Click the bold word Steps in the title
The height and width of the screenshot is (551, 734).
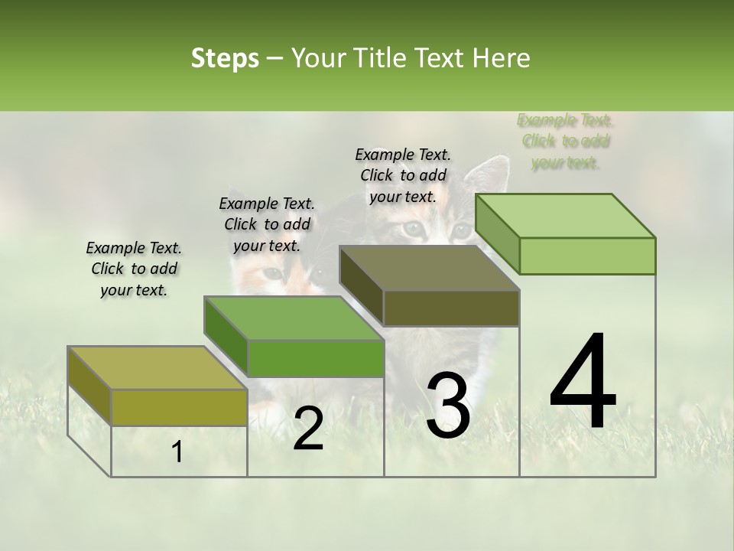[225, 58]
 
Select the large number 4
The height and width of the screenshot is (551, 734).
[583, 383]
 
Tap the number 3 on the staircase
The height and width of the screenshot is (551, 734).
[448, 406]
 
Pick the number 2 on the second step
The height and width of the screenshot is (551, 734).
[308, 429]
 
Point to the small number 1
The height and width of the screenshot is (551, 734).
[177, 452]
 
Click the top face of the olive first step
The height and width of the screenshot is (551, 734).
[157, 368]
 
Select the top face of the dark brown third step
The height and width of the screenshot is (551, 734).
[428, 268]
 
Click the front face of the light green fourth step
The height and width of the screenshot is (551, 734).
[587, 256]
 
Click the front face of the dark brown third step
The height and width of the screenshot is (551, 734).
[451, 308]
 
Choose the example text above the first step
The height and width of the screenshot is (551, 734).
[134, 269]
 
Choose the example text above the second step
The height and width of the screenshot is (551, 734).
[267, 224]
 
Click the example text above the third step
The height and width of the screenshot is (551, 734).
[403, 175]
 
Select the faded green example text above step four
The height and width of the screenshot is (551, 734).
[565, 141]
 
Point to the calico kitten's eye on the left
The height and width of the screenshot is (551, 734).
[273, 273]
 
